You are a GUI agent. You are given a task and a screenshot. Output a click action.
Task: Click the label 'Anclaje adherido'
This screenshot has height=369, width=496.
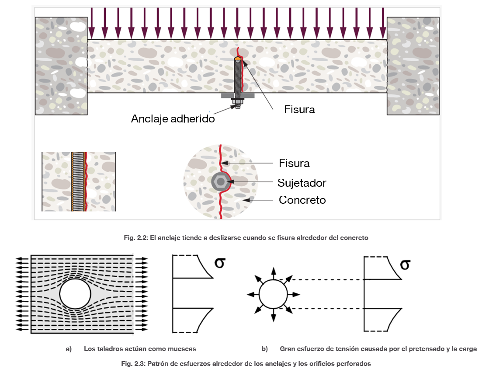[x=173, y=118]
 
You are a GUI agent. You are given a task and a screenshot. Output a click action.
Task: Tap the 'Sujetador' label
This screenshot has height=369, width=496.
[x=302, y=183]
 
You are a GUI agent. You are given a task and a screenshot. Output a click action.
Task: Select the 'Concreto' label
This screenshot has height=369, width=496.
[x=302, y=200]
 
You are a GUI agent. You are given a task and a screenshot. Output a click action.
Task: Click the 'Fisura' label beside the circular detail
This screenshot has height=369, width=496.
[x=294, y=164]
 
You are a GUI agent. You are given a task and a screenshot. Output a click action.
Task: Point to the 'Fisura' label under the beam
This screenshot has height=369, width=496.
[x=299, y=109]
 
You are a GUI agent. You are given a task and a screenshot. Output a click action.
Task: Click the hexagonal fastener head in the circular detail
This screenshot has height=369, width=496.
[x=220, y=182]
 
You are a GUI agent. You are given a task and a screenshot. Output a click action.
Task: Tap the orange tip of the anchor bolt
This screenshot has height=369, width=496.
[x=238, y=59]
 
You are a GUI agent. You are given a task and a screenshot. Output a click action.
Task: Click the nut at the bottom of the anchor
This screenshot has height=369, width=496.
[x=238, y=101]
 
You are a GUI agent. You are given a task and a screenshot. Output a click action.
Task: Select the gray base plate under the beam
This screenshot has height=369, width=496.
[x=238, y=96]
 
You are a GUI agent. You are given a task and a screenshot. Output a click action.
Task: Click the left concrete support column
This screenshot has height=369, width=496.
[x=61, y=66]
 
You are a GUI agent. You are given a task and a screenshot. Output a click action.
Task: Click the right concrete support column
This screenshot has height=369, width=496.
[x=413, y=66]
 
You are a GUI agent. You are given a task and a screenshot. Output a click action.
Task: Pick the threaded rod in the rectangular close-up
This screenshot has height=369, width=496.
[x=79, y=181]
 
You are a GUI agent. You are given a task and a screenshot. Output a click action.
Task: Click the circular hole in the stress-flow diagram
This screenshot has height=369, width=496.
[x=75, y=294]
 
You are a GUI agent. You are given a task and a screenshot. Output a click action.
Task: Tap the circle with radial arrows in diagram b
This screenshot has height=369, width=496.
[x=273, y=294]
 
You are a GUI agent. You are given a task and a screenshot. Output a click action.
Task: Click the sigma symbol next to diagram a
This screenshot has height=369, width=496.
[x=220, y=263]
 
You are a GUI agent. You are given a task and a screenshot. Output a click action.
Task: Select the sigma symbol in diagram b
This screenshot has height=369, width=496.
[x=405, y=264]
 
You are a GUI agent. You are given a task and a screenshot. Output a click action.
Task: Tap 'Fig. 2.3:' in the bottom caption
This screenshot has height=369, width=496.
[x=133, y=364]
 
